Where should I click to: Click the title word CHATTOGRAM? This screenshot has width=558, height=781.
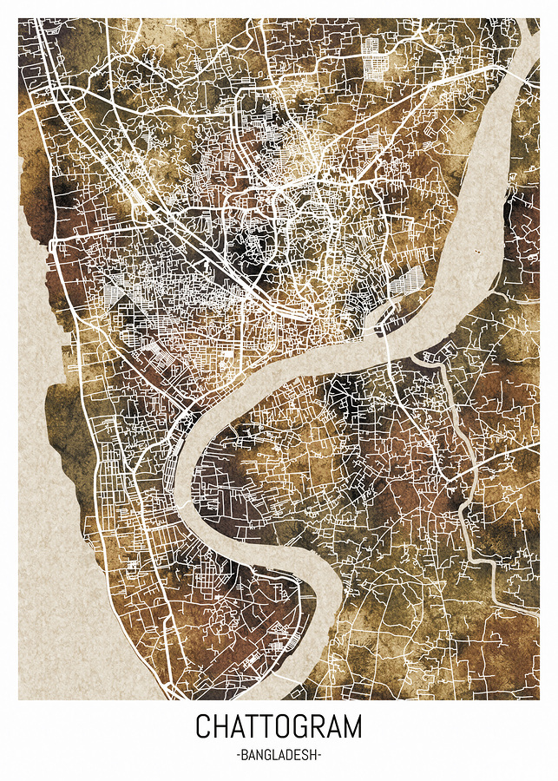point(279,725)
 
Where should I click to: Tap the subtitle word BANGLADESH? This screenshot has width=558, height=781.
point(279,756)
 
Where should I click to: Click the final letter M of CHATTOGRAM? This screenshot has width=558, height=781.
point(351,725)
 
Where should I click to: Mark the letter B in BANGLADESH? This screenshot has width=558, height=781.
point(245,756)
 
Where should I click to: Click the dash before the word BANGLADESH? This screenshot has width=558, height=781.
point(238,756)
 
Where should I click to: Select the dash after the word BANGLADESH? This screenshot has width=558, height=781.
point(319,756)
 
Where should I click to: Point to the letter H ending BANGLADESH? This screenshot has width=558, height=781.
point(312,756)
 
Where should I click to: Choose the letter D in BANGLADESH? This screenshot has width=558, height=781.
point(288,756)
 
